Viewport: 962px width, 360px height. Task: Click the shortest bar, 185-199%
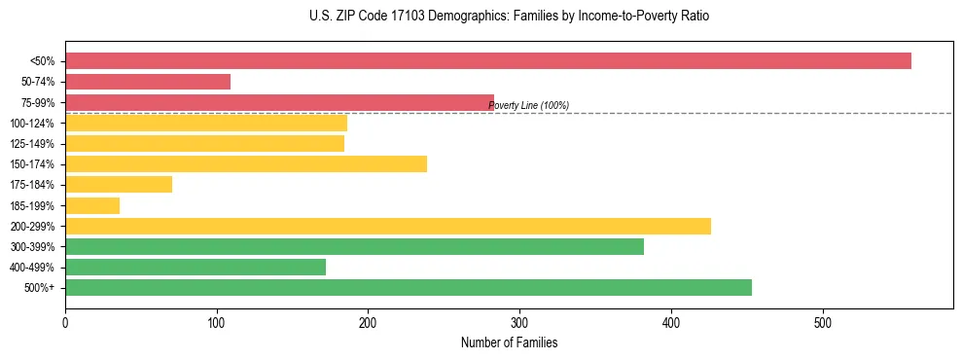pyautogui.click(x=92, y=205)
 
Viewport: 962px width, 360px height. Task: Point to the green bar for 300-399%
pyautogui.click(x=354, y=246)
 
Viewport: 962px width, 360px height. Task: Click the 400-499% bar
pyautogui.click(x=196, y=267)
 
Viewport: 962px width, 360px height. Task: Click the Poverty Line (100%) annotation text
pyautogui.click(x=528, y=106)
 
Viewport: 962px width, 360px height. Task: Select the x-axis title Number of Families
pyautogui.click(x=509, y=343)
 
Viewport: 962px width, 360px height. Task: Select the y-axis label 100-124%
pyautogui.click(x=32, y=124)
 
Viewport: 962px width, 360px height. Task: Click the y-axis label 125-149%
pyautogui.click(x=32, y=144)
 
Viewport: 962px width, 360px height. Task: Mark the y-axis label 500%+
pyautogui.click(x=40, y=288)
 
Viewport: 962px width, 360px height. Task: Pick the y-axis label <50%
pyautogui.click(x=43, y=61)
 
